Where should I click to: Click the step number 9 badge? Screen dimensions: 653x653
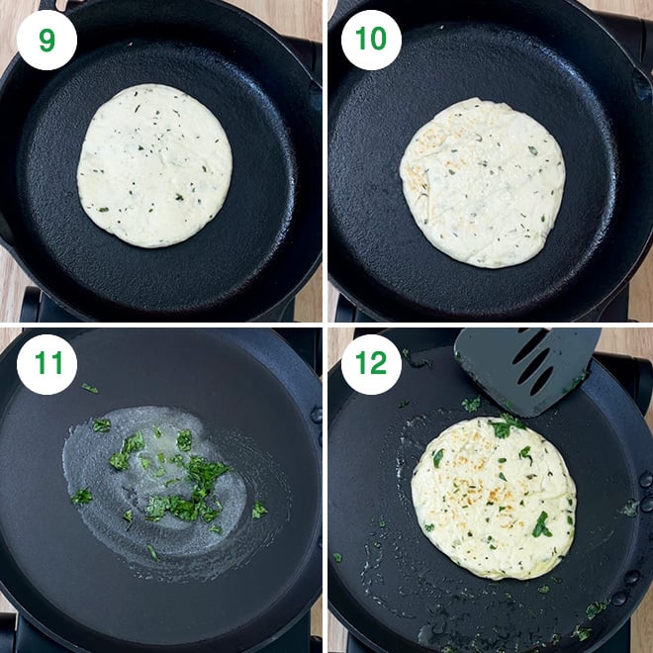(47, 40)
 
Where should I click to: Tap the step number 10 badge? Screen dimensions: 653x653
(371, 40)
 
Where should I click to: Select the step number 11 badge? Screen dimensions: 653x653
(47, 363)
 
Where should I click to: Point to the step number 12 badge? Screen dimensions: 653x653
(371, 363)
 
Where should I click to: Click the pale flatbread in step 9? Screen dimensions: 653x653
(155, 165)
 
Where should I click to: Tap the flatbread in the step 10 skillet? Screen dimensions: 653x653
(482, 182)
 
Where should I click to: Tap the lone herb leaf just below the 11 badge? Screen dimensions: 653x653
(89, 389)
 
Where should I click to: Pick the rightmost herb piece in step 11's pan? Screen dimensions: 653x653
(259, 510)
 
